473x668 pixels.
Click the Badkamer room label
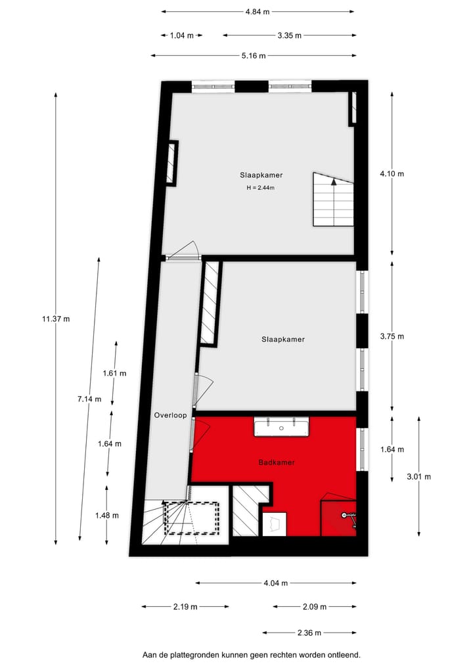coord(276,462)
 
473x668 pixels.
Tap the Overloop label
coord(171,415)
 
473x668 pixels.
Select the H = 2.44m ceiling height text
coord(260,188)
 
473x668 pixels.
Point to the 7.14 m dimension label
coord(89,399)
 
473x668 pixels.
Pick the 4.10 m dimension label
coord(392,174)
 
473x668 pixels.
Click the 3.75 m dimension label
coord(392,336)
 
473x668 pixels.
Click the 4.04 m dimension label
coord(276,583)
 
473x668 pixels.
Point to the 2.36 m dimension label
coord(309,633)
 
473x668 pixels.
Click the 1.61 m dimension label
coord(114,373)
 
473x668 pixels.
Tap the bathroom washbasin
coord(281,427)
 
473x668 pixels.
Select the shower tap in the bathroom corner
coord(346,516)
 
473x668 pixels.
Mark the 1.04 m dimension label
coord(181,35)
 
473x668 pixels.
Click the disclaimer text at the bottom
coord(252,655)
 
